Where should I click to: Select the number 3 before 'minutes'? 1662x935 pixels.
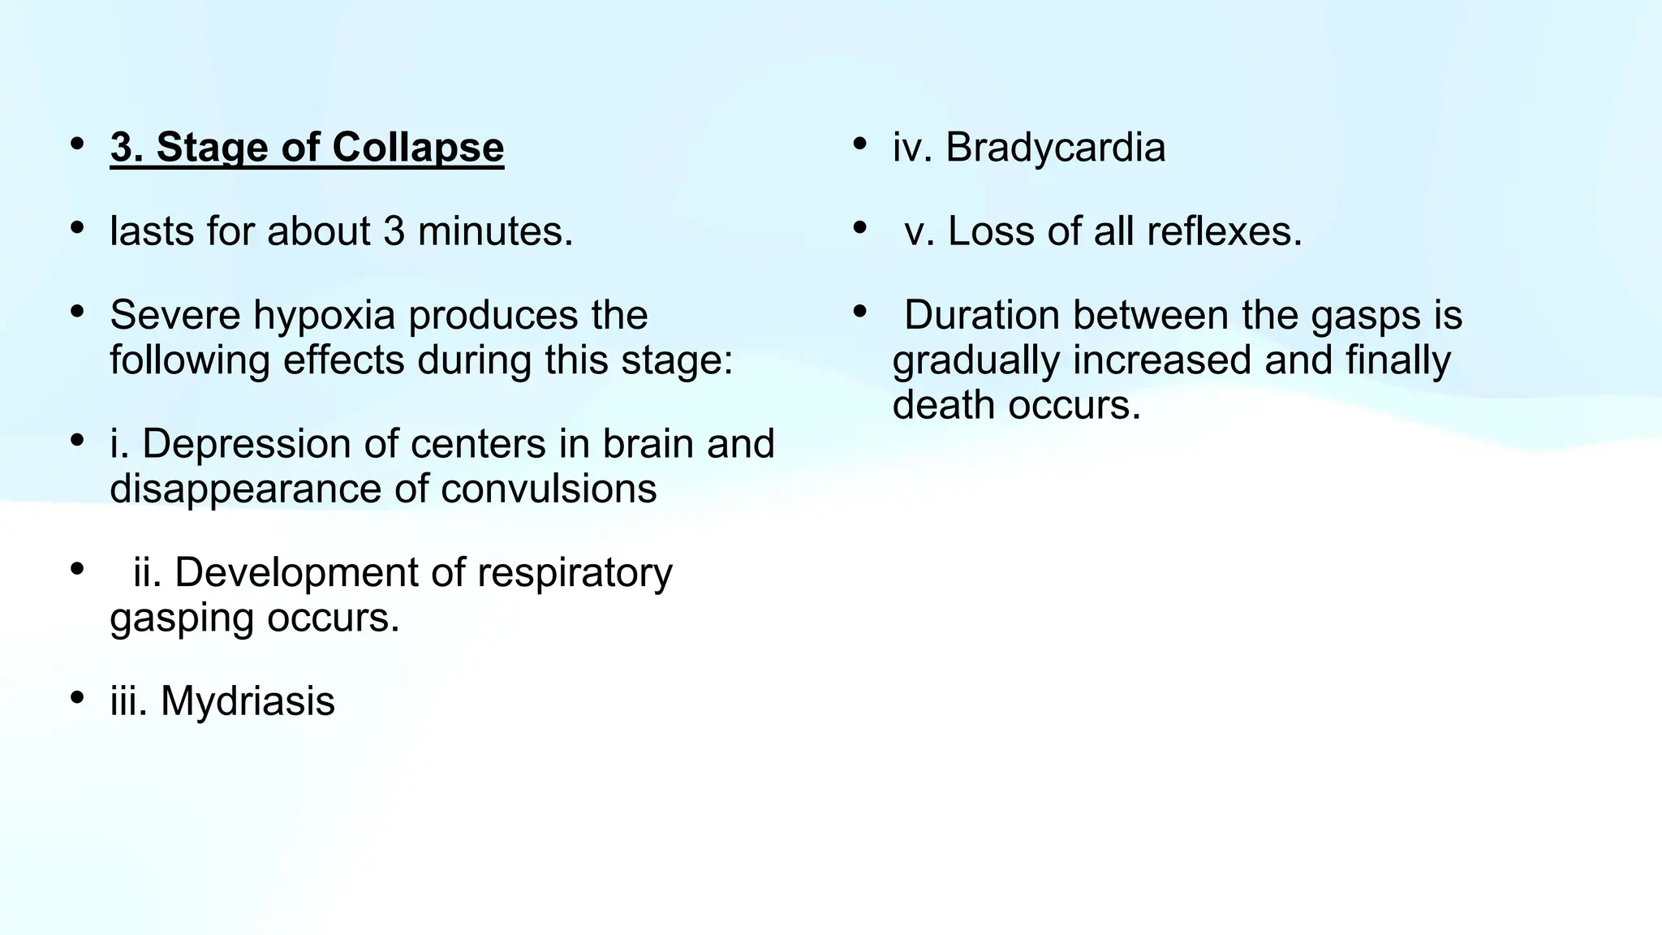pyautogui.click(x=394, y=231)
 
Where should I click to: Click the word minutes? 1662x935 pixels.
pyautogui.click(x=495, y=231)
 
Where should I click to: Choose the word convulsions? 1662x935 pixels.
pyautogui.click(x=549, y=489)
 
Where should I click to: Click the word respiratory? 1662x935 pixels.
pyautogui.click(x=575, y=574)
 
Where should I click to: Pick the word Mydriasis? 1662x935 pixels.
pyautogui.click(x=248, y=701)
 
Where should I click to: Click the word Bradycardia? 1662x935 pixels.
pyautogui.click(x=1055, y=148)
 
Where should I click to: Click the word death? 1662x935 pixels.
pyautogui.click(x=944, y=404)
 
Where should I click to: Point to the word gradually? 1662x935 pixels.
pyautogui.click(x=976, y=361)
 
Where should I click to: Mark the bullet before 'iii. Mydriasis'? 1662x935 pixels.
pyautogui.click(x=77, y=698)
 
